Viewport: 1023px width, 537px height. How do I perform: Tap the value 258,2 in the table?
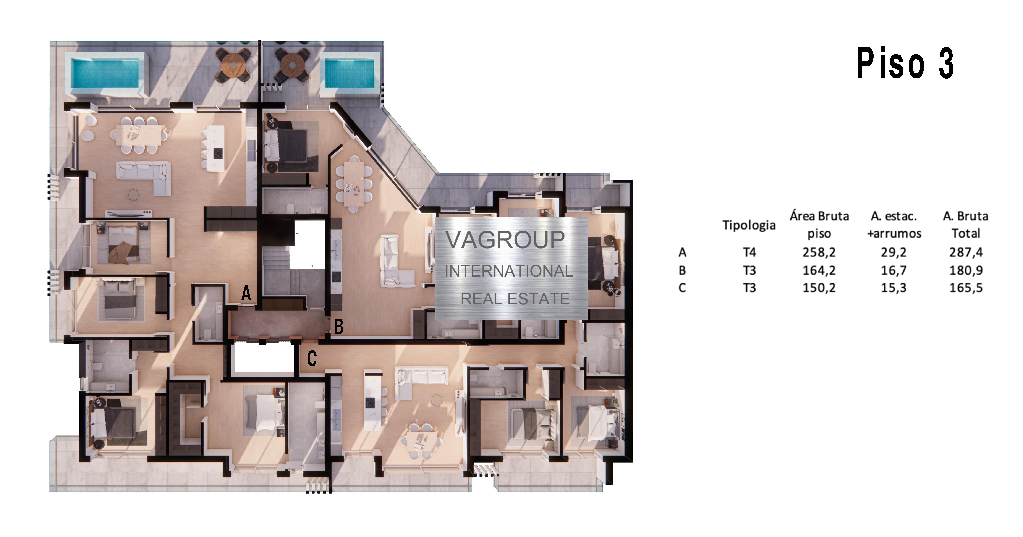[819, 252]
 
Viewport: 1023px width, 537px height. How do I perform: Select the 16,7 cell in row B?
[894, 270]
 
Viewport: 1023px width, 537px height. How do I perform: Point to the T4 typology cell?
[749, 252]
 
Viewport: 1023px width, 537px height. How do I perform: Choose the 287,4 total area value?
[966, 252]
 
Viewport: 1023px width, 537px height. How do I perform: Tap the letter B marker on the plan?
[338, 327]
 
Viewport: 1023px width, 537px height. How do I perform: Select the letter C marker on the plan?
[312, 358]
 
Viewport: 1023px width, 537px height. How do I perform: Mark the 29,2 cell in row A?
[894, 252]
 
